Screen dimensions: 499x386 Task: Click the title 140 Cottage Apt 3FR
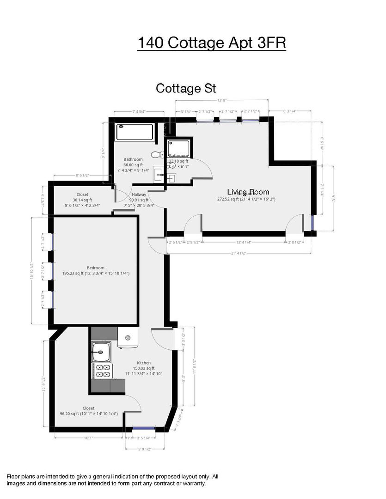pyautogui.click(x=212, y=43)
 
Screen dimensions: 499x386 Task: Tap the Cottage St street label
pyautogui.click(x=186, y=88)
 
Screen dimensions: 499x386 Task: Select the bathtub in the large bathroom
pyautogui.click(x=134, y=132)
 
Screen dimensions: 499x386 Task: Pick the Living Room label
pyautogui.click(x=248, y=192)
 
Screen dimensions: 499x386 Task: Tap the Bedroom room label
pyautogui.click(x=96, y=268)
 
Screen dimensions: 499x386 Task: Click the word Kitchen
pyautogui.click(x=144, y=363)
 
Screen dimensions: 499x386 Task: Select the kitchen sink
pyautogui.click(x=100, y=353)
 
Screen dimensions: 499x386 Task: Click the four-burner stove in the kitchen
pyautogui.click(x=103, y=371)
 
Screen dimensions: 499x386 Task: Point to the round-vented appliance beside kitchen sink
pyautogui.click(x=128, y=338)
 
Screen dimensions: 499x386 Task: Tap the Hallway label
pyautogui.click(x=139, y=195)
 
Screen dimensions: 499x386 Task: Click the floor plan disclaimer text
pyautogui.click(x=112, y=480)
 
